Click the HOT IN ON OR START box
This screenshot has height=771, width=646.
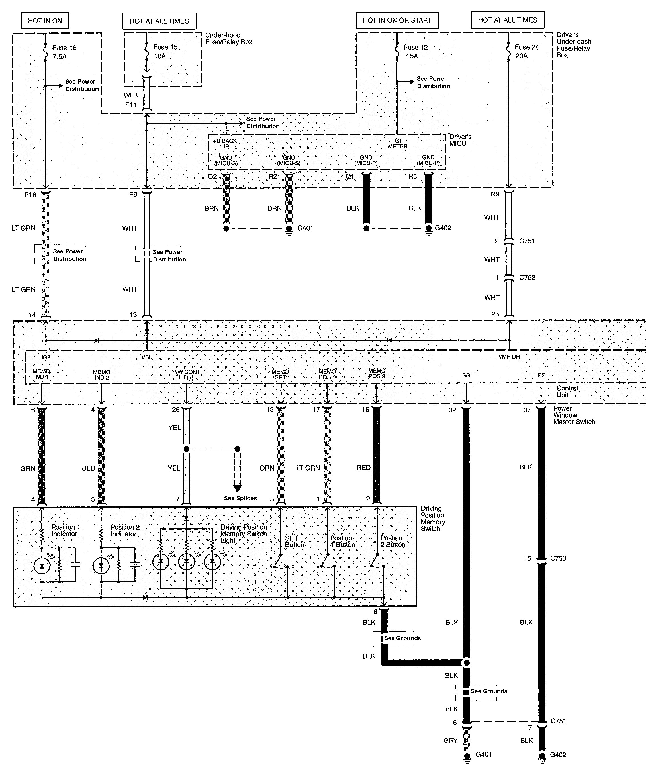[x=397, y=20]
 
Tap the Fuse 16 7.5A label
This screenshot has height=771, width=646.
[x=64, y=52]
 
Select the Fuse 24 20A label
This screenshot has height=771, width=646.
[x=526, y=51]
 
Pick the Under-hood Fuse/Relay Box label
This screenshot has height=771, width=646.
[x=228, y=38]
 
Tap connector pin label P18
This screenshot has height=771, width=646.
[x=30, y=195]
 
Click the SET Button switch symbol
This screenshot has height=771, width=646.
[x=281, y=563]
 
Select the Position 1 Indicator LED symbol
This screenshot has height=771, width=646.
[x=42, y=566]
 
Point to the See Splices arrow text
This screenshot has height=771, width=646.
[x=240, y=498]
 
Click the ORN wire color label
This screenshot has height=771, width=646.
[x=267, y=468]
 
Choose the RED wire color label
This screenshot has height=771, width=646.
[x=363, y=468]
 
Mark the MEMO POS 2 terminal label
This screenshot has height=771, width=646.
[x=377, y=373]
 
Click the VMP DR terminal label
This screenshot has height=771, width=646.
[x=509, y=357]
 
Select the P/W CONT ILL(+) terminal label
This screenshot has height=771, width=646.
[x=186, y=375]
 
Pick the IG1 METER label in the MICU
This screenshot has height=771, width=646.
[x=398, y=144]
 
